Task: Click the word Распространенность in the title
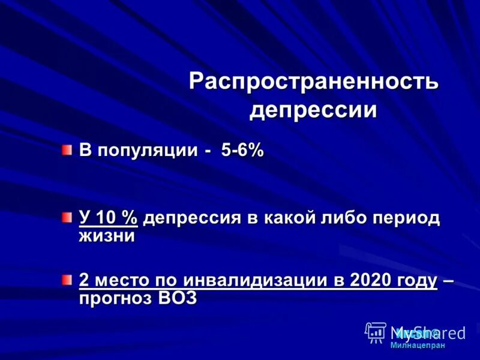(x=314, y=82)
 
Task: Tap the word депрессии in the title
(x=313, y=110)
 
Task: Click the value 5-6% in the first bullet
(x=242, y=151)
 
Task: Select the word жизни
(x=106, y=236)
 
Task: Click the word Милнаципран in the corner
(x=418, y=345)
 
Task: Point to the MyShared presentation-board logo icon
(x=376, y=332)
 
